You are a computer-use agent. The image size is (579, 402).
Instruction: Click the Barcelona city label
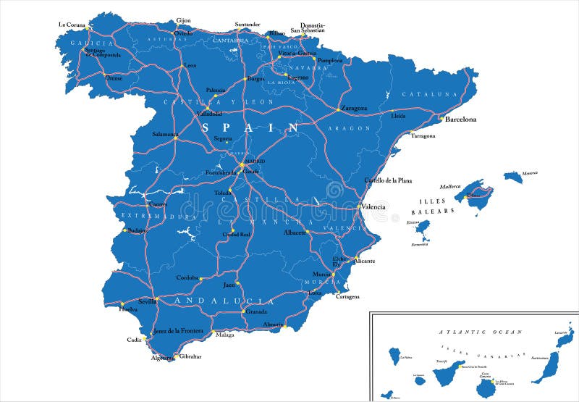(460, 119)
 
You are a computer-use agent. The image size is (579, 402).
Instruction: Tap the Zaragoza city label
(354, 109)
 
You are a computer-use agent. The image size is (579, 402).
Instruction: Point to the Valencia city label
(373, 206)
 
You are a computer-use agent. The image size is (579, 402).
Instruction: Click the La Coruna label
(72, 25)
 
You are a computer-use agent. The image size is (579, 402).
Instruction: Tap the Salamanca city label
(165, 134)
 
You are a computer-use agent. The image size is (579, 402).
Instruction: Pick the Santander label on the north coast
(248, 24)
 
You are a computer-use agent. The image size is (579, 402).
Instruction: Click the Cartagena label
(347, 296)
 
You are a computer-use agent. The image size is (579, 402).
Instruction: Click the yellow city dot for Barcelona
(440, 119)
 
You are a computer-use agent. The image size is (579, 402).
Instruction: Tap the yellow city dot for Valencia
(358, 206)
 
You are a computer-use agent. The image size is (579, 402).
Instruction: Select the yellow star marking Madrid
(242, 165)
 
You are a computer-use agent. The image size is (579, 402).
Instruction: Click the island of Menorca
(513, 176)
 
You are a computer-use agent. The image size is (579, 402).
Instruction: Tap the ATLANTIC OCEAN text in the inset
(481, 332)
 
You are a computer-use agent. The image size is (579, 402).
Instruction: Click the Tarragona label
(423, 135)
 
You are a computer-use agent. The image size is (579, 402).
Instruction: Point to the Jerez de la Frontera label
(178, 331)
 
